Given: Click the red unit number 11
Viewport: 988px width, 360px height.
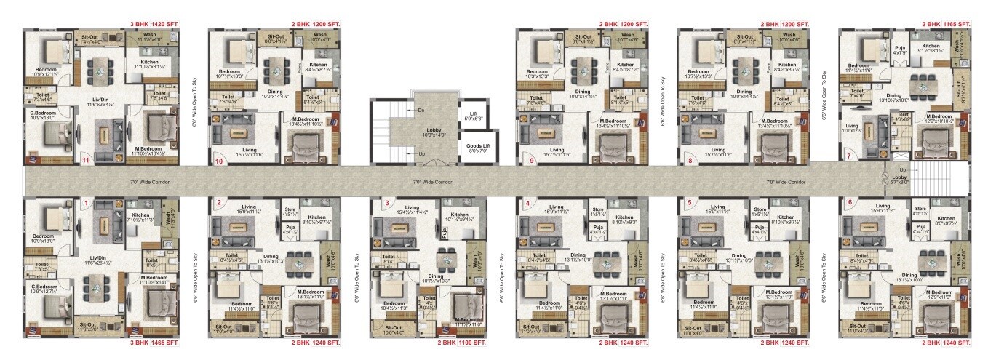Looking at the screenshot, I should [86, 161].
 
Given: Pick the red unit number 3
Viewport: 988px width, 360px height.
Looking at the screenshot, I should [387, 203].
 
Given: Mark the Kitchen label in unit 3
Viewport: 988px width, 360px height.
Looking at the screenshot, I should [459, 215].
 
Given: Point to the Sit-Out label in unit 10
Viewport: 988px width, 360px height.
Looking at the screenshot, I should [276, 36].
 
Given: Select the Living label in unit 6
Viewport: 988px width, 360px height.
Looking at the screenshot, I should [883, 207].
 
